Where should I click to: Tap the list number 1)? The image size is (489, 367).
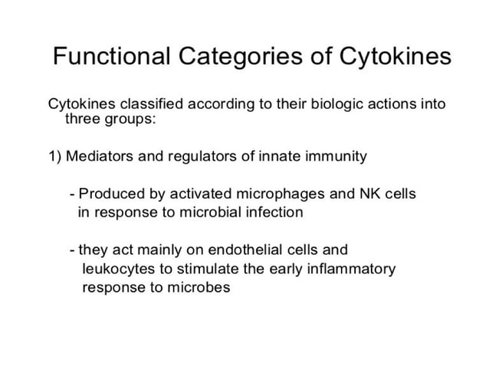tap(54, 157)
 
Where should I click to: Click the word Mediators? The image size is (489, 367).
tap(97, 157)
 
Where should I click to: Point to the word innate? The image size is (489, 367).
tap(281, 157)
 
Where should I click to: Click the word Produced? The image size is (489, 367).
tap(110, 193)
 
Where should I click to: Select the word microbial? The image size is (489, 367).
tap(207, 212)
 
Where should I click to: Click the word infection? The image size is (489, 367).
tap(274, 212)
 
